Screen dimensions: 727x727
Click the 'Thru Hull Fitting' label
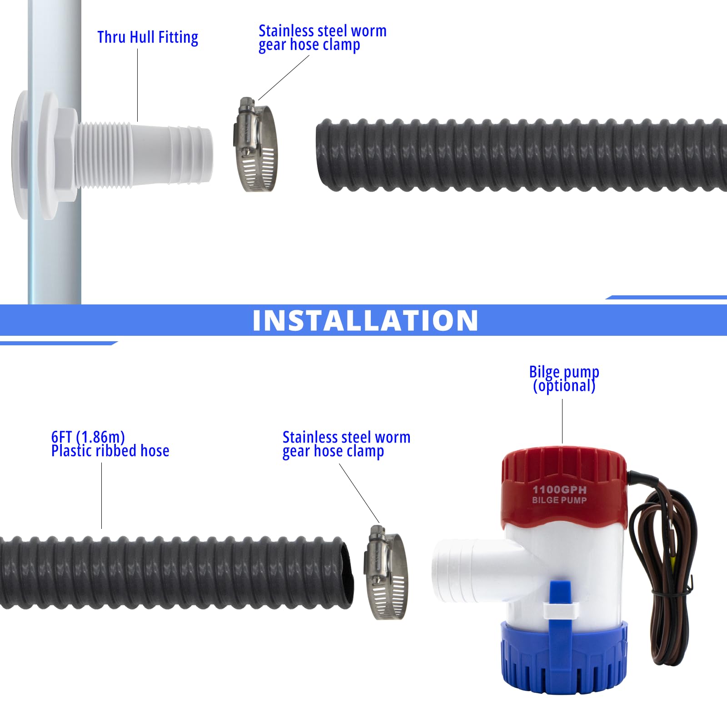tap(148, 37)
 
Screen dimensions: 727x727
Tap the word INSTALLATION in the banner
tap(365, 320)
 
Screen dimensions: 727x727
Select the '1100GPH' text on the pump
tap(559, 489)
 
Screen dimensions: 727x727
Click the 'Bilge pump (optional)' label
tap(564, 379)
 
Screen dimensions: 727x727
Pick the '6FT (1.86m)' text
tap(88, 437)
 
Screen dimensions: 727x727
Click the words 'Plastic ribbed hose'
tap(110, 451)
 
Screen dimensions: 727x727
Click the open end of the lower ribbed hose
tap(346, 573)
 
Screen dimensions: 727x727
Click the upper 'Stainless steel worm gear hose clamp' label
tap(322, 38)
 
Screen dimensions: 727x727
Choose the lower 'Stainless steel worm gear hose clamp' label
tap(346, 444)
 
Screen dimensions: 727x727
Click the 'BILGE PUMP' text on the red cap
tap(559, 500)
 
